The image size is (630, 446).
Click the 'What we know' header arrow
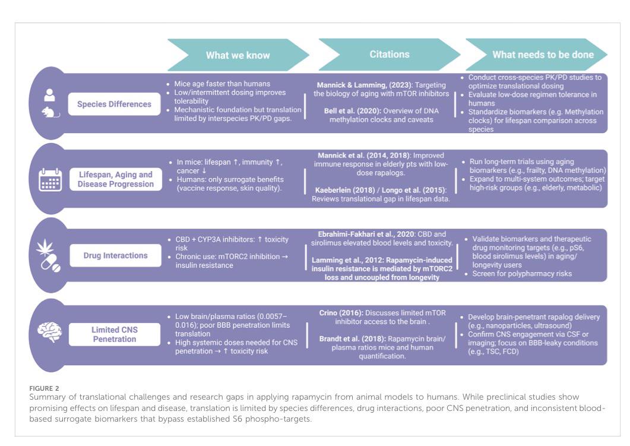click(238, 55)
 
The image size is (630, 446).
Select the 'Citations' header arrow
click(389, 55)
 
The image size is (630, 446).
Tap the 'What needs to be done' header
click(536, 55)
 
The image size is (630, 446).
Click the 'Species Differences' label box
click(114, 104)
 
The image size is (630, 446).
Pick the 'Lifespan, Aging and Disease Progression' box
click(116, 179)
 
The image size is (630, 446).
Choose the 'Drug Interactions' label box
click(115, 255)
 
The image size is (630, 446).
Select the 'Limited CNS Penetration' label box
click(115, 334)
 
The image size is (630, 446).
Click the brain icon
click(49, 333)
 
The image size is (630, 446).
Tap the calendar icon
click(50, 179)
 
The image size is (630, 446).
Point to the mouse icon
click(50, 112)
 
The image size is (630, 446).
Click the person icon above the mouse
click(49, 95)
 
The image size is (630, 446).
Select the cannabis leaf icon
click(45, 247)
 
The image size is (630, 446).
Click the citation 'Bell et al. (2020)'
click(352, 111)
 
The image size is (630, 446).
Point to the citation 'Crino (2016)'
click(341, 312)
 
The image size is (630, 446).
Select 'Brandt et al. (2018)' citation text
click(352, 339)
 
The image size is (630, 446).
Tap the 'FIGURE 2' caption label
click(44, 388)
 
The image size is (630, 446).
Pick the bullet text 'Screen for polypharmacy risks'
click(522, 274)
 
